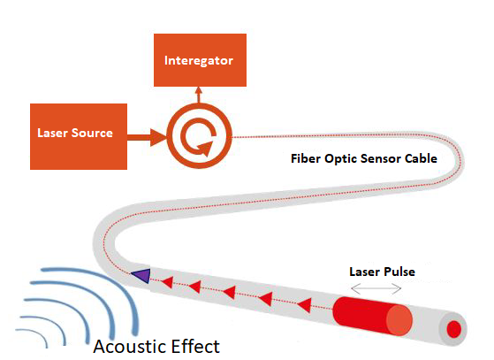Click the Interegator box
click(200, 60)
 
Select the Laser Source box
click(79, 136)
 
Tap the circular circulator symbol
click(199, 136)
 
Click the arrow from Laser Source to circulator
click(147, 137)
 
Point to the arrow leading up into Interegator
click(199, 95)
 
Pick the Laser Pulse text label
click(382, 272)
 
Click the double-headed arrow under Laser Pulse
click(376, 288)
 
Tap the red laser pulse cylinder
click(372, 316)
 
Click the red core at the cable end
click(454, 329)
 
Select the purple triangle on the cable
click(141, 275)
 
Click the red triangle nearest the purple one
click(168, 282)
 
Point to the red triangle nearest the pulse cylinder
click(305, 305)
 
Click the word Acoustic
click(131, 347)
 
